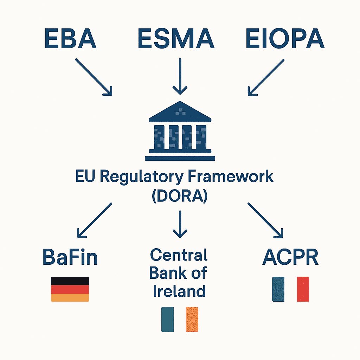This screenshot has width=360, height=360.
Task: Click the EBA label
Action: tap(70, 39)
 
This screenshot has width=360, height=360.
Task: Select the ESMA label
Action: tap(176, 39)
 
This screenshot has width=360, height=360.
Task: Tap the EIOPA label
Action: tap(285, 39)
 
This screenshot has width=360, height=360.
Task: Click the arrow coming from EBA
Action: tap(94, 77)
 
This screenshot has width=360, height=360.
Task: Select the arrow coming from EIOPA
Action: tap(266, 77)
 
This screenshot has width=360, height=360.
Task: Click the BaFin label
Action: tap(70, 258)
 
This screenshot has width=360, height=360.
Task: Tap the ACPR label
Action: tap(290, 258)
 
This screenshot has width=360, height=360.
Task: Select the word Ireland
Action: tap(179, 291)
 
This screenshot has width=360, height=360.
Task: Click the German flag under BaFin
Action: tap(70, 289)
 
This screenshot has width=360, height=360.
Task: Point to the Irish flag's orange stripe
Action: tap(192, 319)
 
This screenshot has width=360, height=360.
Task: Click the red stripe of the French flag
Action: tap(303, 289)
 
